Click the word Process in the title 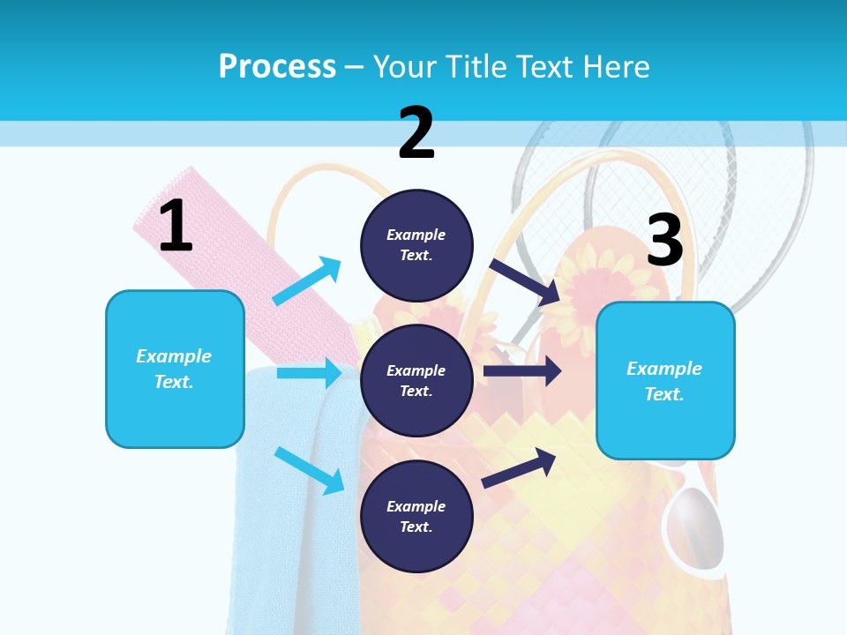[277, 66]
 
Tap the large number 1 [176, 227]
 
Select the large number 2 [416, 133]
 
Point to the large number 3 [664, 241]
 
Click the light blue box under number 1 [175, 369]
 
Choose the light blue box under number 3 [665, 381]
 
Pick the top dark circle [416, 244]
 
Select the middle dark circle [416, 380]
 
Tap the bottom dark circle [416, 516]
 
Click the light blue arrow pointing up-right [307, 280]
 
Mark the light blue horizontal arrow [309, 373]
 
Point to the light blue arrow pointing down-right [310, 470]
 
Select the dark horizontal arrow [522, 371]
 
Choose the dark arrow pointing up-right [519, 467]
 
